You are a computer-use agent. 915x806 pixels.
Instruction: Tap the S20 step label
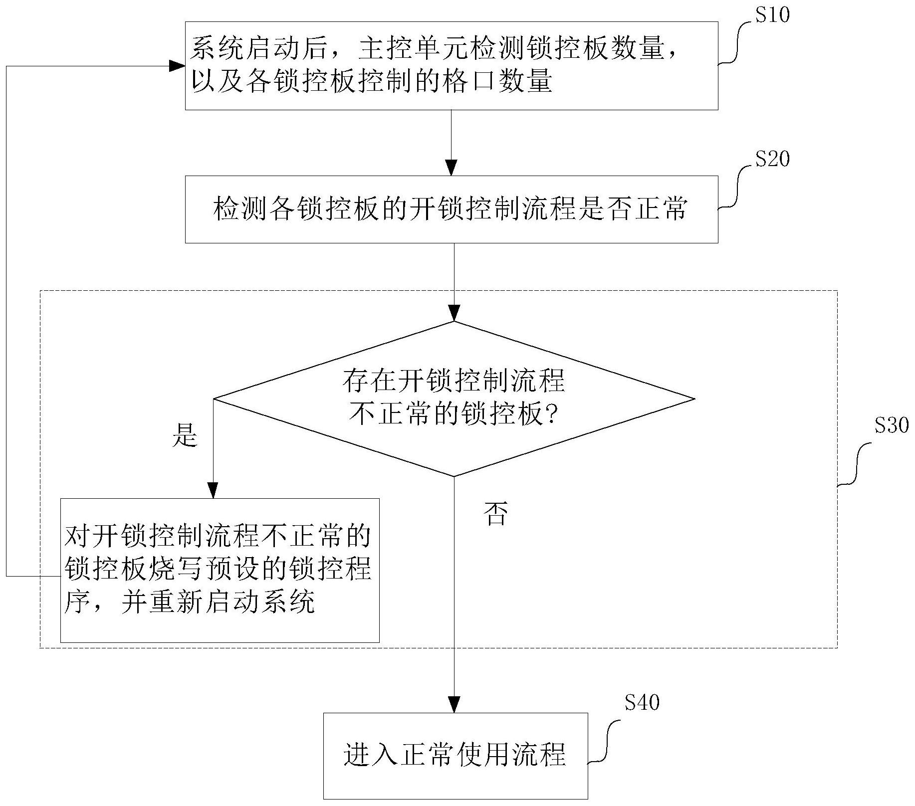[772, 159]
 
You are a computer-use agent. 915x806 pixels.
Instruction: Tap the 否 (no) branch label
[495, 514]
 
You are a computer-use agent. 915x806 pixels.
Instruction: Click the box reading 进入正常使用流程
[455, 756]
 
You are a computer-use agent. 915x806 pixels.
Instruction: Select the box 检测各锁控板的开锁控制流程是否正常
[451, 209]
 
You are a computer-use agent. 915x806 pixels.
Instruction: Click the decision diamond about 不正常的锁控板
[454, 399]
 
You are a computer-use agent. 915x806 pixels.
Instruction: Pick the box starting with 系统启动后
[451, 66]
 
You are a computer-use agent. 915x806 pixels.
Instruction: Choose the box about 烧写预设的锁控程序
[220, 570]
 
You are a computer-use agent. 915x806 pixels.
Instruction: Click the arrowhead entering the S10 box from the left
[177, 66]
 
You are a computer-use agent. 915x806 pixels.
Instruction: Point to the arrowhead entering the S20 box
[452, 167]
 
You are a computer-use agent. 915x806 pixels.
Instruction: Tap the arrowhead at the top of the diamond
[454, 313]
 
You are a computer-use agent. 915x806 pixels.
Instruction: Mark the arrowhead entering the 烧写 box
[213, 490]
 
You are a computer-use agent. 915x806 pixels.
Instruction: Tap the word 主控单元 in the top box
[414, 50]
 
